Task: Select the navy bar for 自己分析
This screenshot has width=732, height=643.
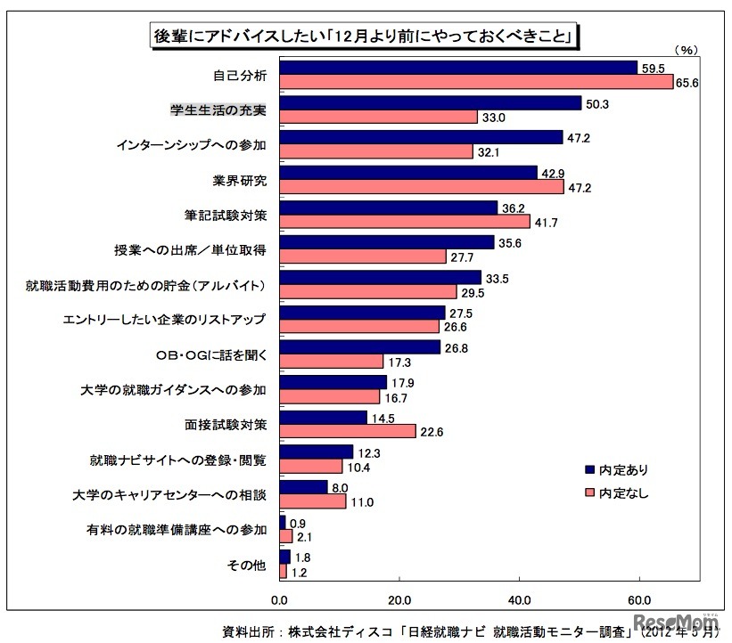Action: (458, 68)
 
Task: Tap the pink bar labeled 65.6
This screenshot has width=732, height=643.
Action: (476, 82)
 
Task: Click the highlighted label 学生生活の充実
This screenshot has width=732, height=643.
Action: (218, 110)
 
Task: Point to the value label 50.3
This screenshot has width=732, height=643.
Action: (596, 103)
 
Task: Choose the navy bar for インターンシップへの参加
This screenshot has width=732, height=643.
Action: (421, 137)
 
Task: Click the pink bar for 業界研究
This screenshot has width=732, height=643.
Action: (421, 187)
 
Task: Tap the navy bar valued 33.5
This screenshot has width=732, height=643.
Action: (380, 277)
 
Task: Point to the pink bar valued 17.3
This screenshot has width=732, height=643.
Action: (331, 361)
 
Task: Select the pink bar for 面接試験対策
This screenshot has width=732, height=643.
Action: (347, 430)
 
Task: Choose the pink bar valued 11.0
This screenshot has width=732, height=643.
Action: (312, 501)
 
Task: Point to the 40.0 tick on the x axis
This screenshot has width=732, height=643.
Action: (520, 598)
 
